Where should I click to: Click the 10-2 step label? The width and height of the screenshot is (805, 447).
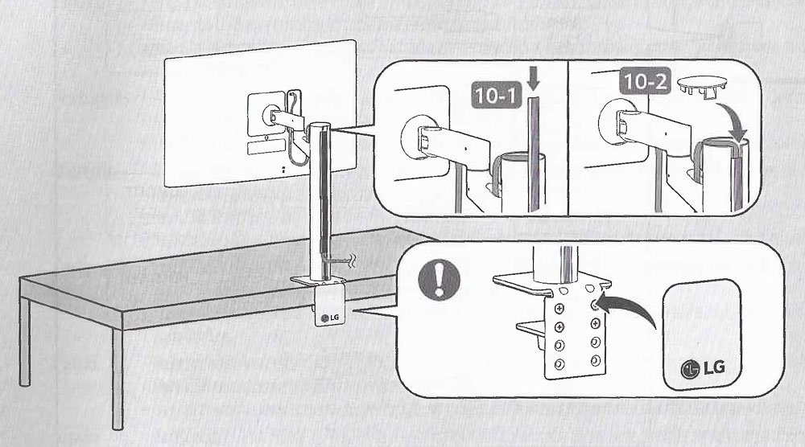[645, 82]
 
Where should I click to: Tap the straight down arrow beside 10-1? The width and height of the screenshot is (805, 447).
[534, 80]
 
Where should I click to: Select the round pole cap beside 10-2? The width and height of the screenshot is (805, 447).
[702, 85]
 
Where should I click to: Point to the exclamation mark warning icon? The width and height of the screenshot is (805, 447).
[439, 280]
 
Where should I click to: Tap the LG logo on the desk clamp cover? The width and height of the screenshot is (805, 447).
[329, 318]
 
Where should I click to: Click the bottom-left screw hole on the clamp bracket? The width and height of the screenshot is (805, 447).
[559, 364]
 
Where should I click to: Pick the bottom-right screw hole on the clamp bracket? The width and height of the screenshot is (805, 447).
[596, 360]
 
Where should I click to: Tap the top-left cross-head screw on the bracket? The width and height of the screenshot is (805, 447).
[559, 309]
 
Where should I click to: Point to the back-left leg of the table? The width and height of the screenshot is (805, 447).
[25, 342]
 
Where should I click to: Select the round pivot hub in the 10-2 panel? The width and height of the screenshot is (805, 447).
[613, 121]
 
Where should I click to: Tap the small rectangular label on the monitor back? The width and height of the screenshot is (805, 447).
[266, 147]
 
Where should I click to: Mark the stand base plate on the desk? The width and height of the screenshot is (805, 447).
[318, 281]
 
